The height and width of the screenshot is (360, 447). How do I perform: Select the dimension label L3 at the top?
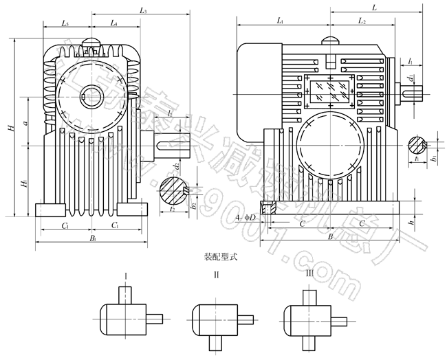coord(143,11)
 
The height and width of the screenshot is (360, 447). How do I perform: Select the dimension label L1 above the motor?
coord(281,22)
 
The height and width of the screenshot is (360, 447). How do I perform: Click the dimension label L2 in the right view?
coord(362,22)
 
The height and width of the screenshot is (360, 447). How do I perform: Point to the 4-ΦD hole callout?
coord(245,218)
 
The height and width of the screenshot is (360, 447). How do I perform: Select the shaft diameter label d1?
coord(411,80)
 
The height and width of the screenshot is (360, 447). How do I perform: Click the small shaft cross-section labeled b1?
coord(419,145)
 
